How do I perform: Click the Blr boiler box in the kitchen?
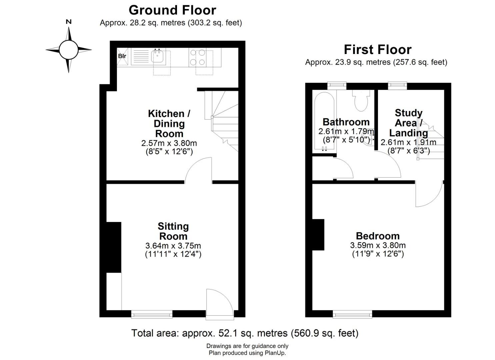pos(122,57)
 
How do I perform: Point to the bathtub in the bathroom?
pos(324,122)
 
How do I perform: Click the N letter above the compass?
pos(69,22)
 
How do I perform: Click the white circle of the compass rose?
pos(69,50)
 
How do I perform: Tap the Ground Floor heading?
pos(172,10)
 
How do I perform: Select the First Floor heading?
pos(378,50)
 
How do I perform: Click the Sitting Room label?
pos(173,231)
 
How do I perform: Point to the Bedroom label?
pos(378,236)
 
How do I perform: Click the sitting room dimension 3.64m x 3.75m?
pos(173,246)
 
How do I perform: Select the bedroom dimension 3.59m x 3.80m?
pos(378,245)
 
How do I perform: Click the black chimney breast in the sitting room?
pos(114,247)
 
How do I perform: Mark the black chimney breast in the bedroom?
pos(318,235)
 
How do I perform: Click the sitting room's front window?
pos(152,314)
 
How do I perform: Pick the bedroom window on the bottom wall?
pos(352,314)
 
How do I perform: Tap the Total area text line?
pos(245,333)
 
